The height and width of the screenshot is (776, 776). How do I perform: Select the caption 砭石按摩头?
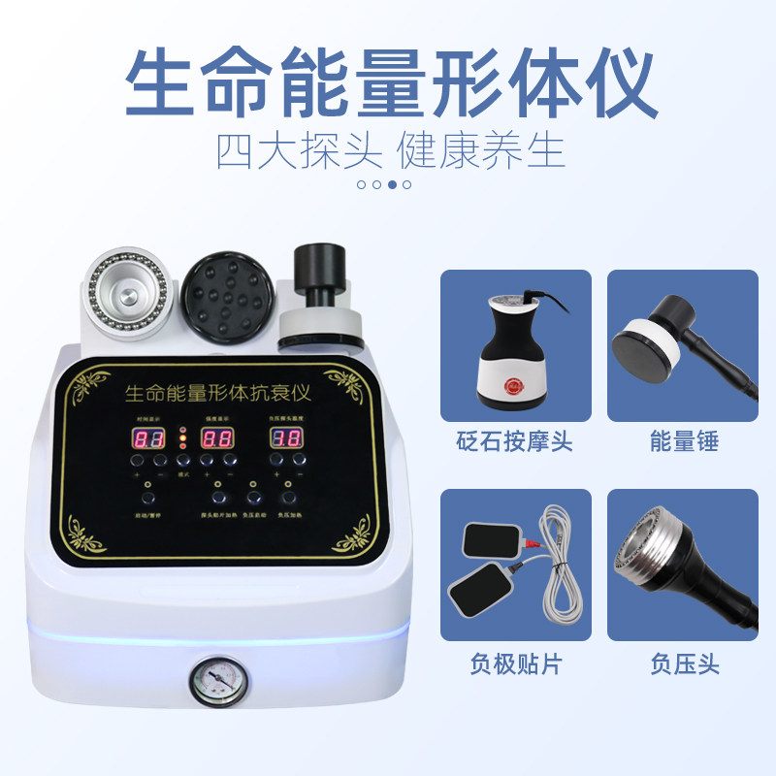pos(516,442)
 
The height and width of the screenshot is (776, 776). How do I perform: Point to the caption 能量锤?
pos(684,442)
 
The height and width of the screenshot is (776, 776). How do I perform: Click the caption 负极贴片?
pos(516,664)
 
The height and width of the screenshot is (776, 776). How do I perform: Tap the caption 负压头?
pos(684,664)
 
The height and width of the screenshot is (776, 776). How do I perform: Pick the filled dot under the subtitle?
pos(392,183)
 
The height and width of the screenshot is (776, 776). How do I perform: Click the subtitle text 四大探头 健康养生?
pos(389,150)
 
